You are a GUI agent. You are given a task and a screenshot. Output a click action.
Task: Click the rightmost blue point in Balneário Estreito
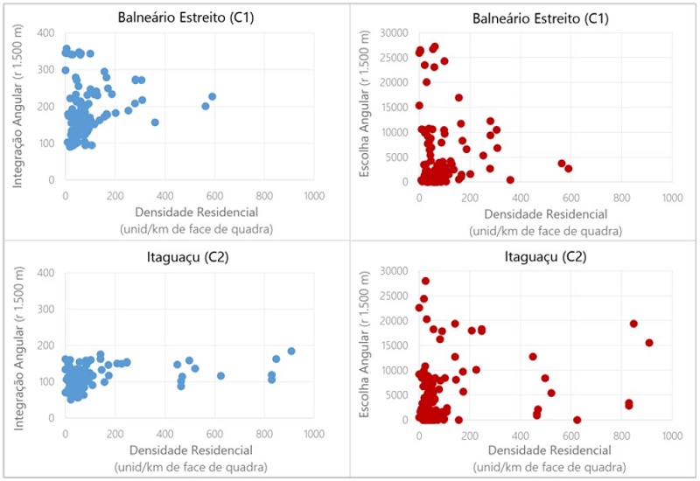coord(213,96)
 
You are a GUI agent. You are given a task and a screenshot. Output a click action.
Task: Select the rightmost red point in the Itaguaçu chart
coord(649,342)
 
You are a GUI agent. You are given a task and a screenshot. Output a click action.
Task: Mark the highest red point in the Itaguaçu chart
coord(425,281)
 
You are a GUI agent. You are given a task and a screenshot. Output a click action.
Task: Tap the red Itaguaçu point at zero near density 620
coord(577,420)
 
